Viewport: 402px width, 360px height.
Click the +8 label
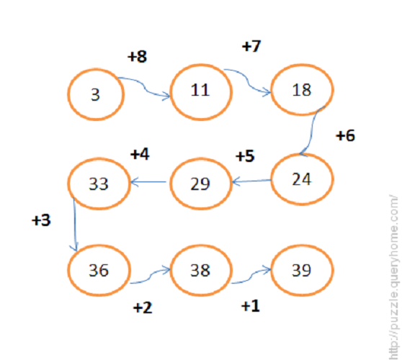tap(137, 56)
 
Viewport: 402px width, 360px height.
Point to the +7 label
tap(251, 46)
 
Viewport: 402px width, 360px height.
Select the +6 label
tap(345, 135)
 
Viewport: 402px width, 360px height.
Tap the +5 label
tap(245, 156)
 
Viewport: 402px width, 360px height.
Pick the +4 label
tap(140, 154)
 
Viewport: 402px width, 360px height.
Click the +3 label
tap(41, 220)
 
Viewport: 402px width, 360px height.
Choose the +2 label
tap(143, 307)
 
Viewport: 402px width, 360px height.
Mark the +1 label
tap(251, 306)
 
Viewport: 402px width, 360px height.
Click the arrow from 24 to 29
tap(251, 181)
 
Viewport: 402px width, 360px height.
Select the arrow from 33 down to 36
tap(75, 224)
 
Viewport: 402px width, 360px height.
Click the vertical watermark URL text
tap(394, 276)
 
